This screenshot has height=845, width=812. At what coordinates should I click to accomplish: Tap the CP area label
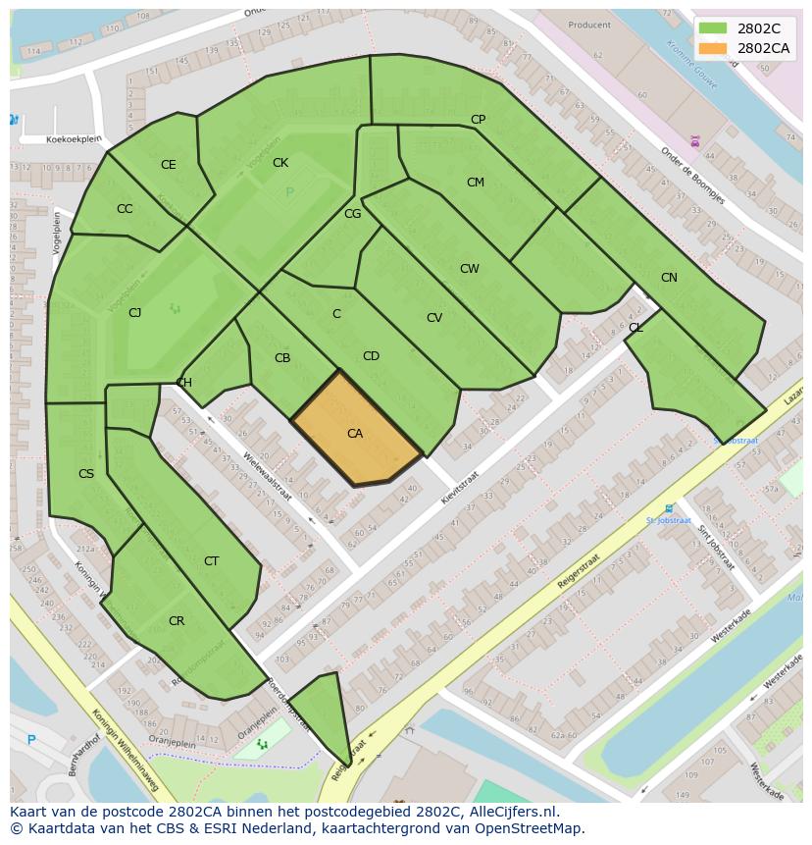tap(478, 120)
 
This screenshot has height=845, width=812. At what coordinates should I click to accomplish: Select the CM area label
tap(476, 183)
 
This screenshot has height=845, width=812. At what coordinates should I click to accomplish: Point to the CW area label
tap(470, 269)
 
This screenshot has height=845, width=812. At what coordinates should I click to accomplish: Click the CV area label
tap(434, 318)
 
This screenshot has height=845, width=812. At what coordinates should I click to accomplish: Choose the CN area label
tap(669, 278)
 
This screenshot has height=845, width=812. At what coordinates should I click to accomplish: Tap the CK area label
tap(280, 163)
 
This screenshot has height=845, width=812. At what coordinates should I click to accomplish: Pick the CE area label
tap(169, 165)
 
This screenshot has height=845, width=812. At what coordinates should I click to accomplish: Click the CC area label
tap(125, 209)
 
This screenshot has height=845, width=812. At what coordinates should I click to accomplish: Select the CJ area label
tap(135, 313)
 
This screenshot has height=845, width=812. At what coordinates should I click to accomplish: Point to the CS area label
tap(86, 474)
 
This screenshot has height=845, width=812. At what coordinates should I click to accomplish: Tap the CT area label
tap(211, 561)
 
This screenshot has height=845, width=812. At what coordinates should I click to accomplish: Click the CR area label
tap(177, 621)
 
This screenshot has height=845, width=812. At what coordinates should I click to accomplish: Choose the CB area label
tap(282, 358)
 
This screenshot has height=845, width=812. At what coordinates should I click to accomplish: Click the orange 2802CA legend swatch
tap(713, 48)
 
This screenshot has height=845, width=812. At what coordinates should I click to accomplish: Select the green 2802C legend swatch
tap(713, 28)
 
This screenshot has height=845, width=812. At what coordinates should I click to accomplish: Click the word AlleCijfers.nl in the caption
tap(510, 812)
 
